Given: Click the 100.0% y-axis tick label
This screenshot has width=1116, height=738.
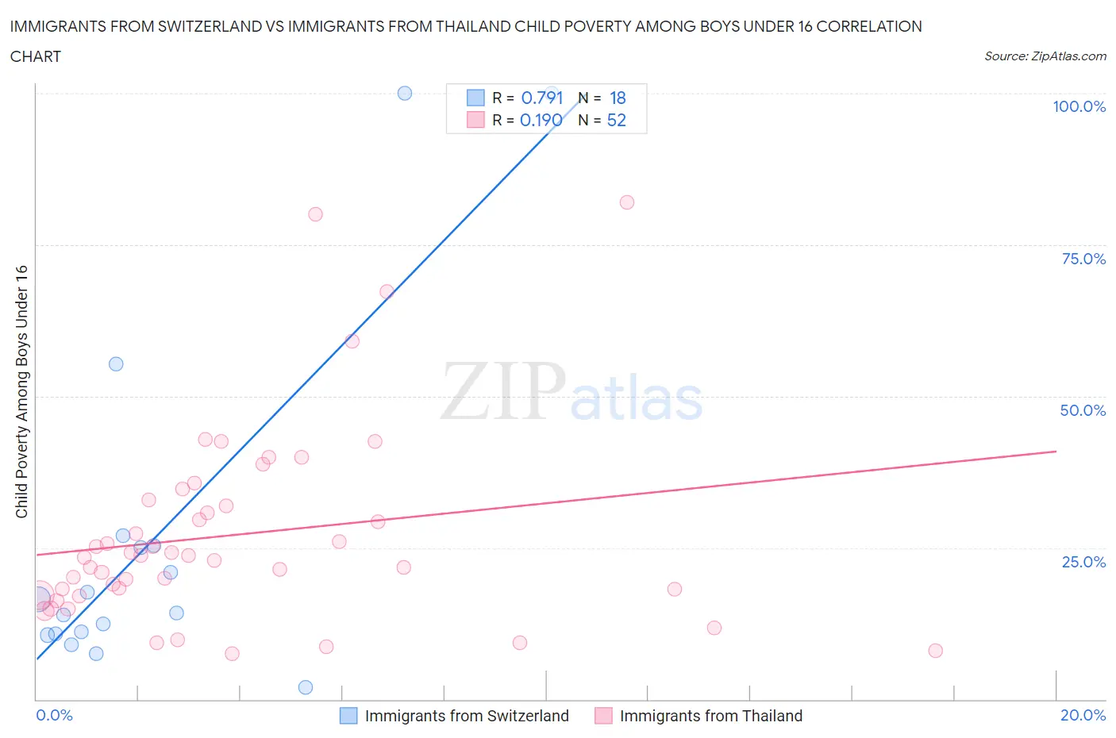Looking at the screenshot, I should point(1079,107).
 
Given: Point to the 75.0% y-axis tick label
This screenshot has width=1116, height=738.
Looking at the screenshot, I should point(1083,259).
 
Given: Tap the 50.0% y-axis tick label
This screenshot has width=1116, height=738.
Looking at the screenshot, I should point(1083,410).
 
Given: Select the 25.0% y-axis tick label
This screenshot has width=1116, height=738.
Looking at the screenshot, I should point(1083,562).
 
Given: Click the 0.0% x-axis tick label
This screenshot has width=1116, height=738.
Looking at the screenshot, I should point(54,715).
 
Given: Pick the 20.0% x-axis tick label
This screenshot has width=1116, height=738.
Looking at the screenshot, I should point(1083,715).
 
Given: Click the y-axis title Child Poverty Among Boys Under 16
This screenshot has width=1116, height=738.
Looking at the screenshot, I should point(21,391).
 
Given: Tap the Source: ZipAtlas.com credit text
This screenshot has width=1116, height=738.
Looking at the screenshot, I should point(1045,56).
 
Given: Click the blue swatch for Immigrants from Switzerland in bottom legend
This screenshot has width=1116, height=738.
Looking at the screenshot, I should point(348,716).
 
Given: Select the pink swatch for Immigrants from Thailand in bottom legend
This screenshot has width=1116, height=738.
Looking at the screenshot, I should point(603,716).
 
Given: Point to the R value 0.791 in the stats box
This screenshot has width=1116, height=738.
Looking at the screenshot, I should point(541,98).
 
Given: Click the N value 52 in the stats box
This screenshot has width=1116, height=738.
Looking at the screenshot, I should point(616,120).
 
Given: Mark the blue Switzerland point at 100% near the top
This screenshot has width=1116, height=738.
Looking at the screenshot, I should point(405,93).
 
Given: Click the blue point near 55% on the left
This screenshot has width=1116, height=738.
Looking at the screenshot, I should point(116,364).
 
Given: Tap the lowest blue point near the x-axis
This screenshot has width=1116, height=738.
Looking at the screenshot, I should point(306,687).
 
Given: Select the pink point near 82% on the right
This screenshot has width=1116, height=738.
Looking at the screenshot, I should point(627,202).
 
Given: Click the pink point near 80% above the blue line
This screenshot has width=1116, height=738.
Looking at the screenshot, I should point(315,214).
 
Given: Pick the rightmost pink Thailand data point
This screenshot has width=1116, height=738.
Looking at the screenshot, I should point(935,651).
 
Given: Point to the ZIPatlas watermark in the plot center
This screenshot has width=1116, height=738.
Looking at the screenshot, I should point(571,392).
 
